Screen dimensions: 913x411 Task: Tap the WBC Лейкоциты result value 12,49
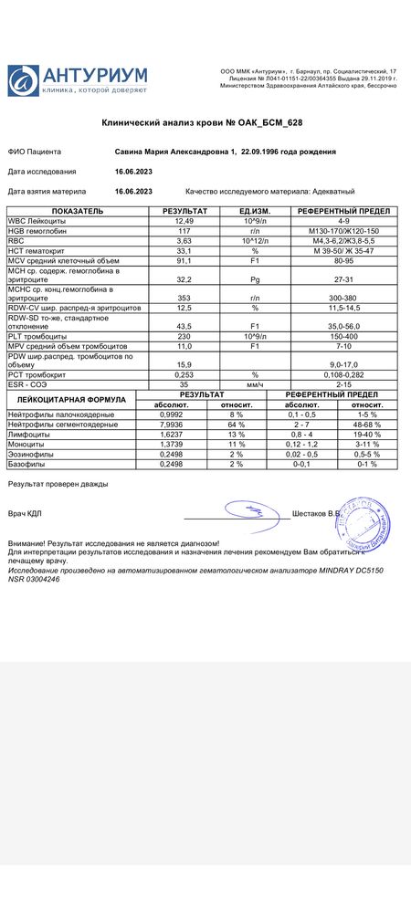click(184, 221)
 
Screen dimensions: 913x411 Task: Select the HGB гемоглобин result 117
click(184, 231)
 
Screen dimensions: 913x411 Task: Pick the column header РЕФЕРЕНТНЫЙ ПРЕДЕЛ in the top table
click(331, 211)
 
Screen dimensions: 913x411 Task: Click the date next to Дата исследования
click(133, 171)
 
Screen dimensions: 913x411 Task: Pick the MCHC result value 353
click(184, 299)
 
